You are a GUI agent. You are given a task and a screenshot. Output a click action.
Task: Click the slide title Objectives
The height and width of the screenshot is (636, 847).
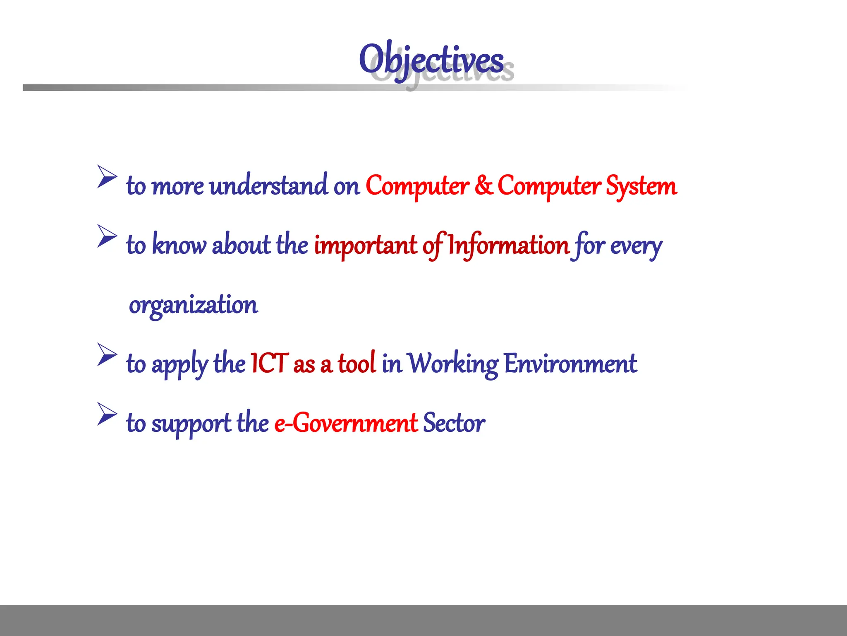click(431, 60)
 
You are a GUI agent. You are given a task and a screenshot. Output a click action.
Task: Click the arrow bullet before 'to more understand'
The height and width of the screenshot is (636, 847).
click(107, 176)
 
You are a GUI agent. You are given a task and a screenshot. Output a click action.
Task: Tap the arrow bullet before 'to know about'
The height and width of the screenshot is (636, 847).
click(107, 236)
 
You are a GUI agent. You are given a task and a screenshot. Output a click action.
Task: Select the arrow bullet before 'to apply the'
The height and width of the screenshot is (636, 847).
click(107, 354)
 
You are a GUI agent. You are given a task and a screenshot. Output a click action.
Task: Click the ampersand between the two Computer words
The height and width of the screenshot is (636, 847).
click(483, 185)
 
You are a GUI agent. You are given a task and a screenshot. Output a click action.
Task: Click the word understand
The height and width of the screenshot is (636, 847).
click(268, 185)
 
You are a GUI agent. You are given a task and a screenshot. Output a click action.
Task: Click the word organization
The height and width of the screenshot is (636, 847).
click(193, 305)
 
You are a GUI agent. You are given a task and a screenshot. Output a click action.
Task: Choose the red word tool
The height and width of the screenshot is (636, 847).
click(357, 363)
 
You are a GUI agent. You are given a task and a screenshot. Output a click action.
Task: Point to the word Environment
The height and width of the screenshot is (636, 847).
click(570, 364)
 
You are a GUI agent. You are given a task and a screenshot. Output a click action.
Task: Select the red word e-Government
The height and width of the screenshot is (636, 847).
click(346, 423)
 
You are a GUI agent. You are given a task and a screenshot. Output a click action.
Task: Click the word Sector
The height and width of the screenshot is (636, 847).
click(454, 423)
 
